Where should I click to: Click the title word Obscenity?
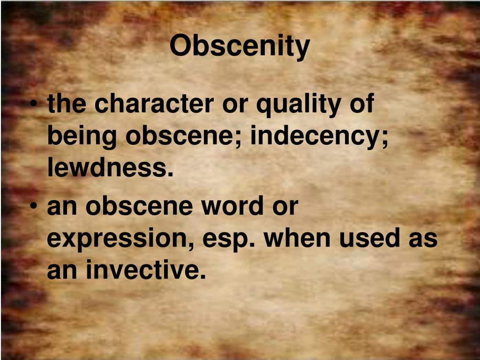(x=240, y=45)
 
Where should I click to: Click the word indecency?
(x=319, y=137)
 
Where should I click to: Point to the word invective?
(x=146, y=270)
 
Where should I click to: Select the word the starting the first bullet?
(x=67, y=104)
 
